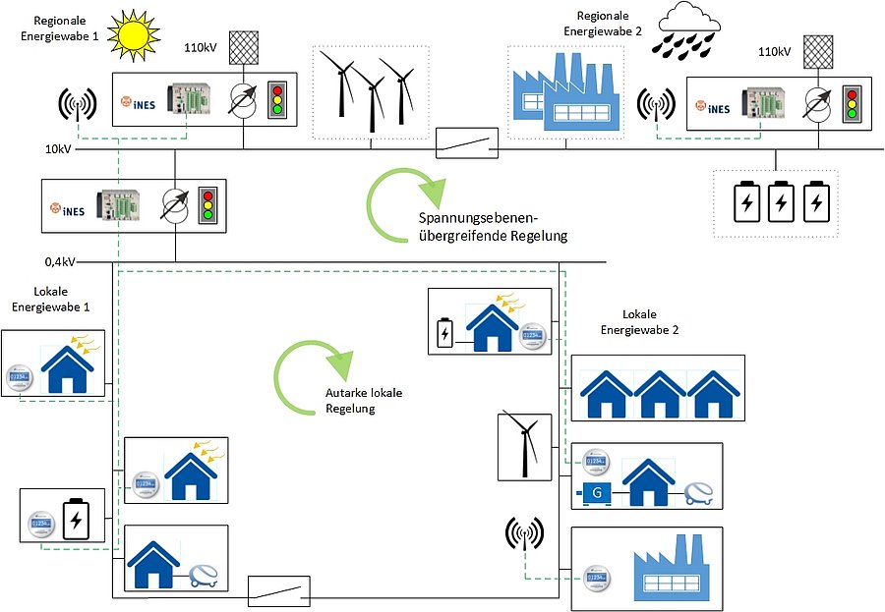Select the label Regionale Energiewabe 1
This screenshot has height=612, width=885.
(x=66, y=28)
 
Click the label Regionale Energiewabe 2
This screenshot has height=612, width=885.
(x=602, y=24)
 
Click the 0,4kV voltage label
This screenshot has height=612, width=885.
(x=60, y=263)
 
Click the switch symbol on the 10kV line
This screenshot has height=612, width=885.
(x=466, y=143)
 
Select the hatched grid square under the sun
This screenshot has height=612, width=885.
(x=242, y=46)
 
